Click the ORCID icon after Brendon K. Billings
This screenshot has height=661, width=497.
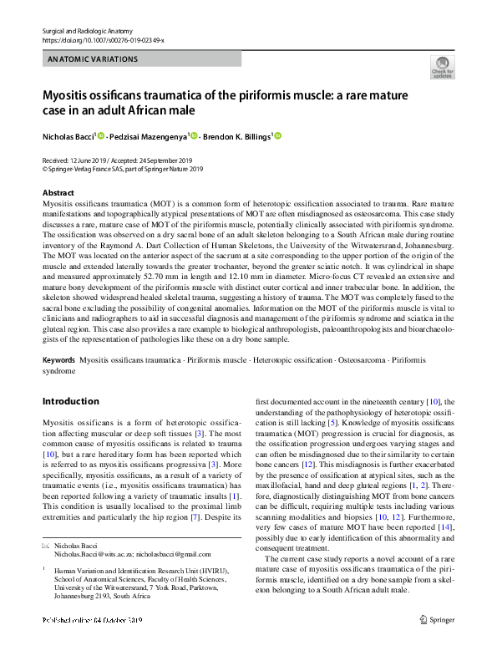pyautogui.click(x=278, y=135)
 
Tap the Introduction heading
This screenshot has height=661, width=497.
pyautogui.click(x=70, y=401)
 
